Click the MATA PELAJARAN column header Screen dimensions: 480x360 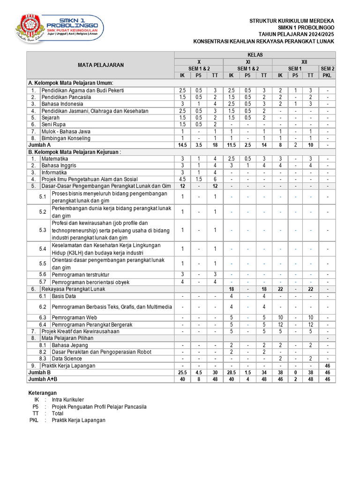[101, 65]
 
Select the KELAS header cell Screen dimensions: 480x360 [255, 55]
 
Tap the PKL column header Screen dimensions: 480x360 [327, 75]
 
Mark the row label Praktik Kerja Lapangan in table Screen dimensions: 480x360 [68, 366]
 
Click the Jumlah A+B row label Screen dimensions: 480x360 [42, 379]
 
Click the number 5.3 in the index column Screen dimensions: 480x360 [43, 230]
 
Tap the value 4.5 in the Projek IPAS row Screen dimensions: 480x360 [182, 179]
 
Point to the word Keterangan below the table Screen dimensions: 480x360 [43, 393]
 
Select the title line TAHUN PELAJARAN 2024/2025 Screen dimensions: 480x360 [296, 34]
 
